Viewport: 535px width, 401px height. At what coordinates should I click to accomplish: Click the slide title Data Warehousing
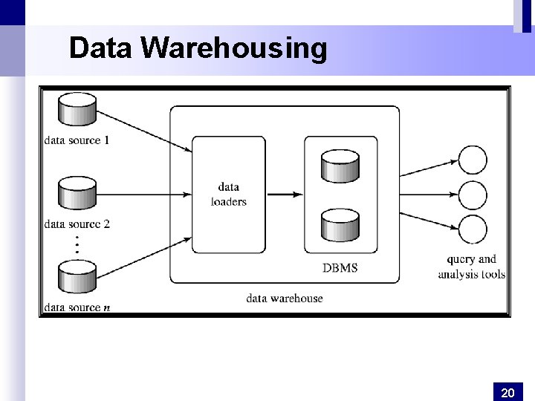pyautogui.click(x=198, y=48)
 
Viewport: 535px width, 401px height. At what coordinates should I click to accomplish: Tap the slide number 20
pyautogui.click(x=508, y=392)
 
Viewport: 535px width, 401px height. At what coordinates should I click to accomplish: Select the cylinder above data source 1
pyautogui.click(x=78, y=110)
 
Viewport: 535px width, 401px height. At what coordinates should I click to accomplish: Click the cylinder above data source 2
pyautogui.click(x=78, y=194)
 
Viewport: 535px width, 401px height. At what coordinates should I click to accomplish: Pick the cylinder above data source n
pyautogui.click(x=78, y=278)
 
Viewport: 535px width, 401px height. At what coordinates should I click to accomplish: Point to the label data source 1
pyautogui.click(x=77, y=140)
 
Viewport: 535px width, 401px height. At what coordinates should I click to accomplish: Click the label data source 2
pyautogui.click(x=77, y=224)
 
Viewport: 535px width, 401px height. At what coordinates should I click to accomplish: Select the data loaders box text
pyautogui.click(x=228, y=195)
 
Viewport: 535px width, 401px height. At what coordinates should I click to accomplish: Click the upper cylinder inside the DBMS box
pyautogui.click(x=340, y=165)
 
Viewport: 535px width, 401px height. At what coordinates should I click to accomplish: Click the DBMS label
pyautogui.click(x=340, y=267)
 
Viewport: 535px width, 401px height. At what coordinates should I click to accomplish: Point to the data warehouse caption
pyautogui.click(x=285, y=298)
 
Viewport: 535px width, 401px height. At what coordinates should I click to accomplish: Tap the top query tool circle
pyautogui.click(x=473, y=160)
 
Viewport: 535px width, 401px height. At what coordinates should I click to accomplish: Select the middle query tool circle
pyautogui.click(x=473, y=195)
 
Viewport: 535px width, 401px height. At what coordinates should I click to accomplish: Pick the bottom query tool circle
pyautogui.click(x=473, y=229)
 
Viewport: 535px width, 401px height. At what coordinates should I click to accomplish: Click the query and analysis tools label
pyautogui.click(x=471, y=267)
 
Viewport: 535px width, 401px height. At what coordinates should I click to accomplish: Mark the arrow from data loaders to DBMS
pyautogui.click(x=284, y=195)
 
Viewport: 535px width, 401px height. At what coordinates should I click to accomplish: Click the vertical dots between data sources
pyautogui.click(x=77, y=245)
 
